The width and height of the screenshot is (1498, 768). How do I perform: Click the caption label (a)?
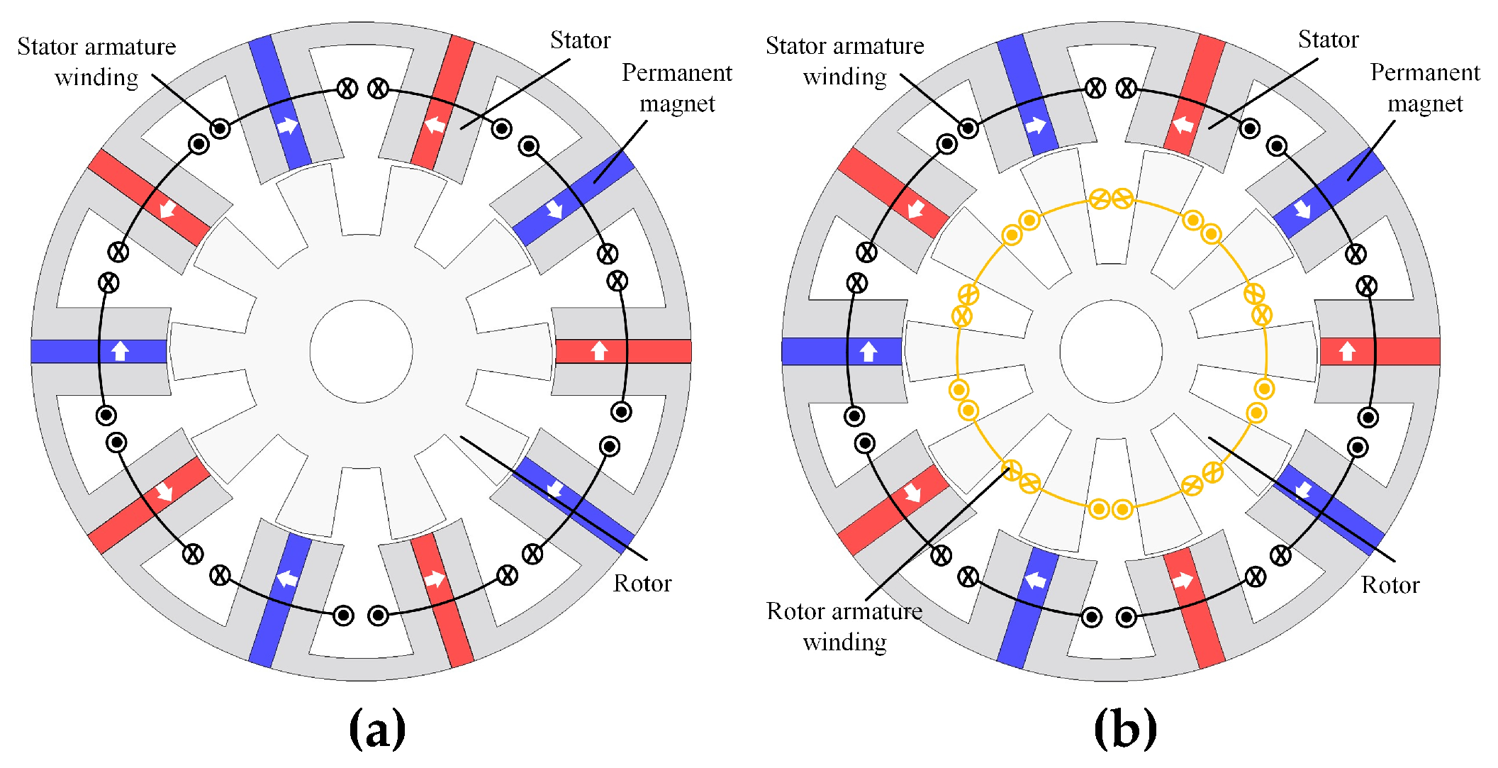point(377,728)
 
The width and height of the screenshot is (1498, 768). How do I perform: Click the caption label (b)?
point(1125,728)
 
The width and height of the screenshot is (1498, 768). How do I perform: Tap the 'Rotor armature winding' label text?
point(844,626)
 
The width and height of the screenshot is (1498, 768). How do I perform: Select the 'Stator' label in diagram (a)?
point(580,40)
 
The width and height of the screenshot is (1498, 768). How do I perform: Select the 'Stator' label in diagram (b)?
point(1328,40)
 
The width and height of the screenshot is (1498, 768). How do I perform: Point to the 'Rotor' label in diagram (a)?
point(642,584)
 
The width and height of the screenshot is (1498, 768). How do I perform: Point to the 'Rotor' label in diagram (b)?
point(1390,585)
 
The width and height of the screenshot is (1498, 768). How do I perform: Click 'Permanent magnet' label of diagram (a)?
point(677,88)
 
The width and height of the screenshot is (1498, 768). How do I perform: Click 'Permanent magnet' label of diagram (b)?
point(1424,88)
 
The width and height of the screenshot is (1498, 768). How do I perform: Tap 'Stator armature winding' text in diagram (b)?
point(844,61)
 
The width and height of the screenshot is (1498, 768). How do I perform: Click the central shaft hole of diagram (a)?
point(361,351)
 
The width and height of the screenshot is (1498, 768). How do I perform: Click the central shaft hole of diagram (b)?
point(1111,351)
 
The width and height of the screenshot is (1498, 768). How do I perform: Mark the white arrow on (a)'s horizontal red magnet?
point(600,350)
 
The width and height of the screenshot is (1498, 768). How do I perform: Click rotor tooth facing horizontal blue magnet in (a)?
point(209,351)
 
